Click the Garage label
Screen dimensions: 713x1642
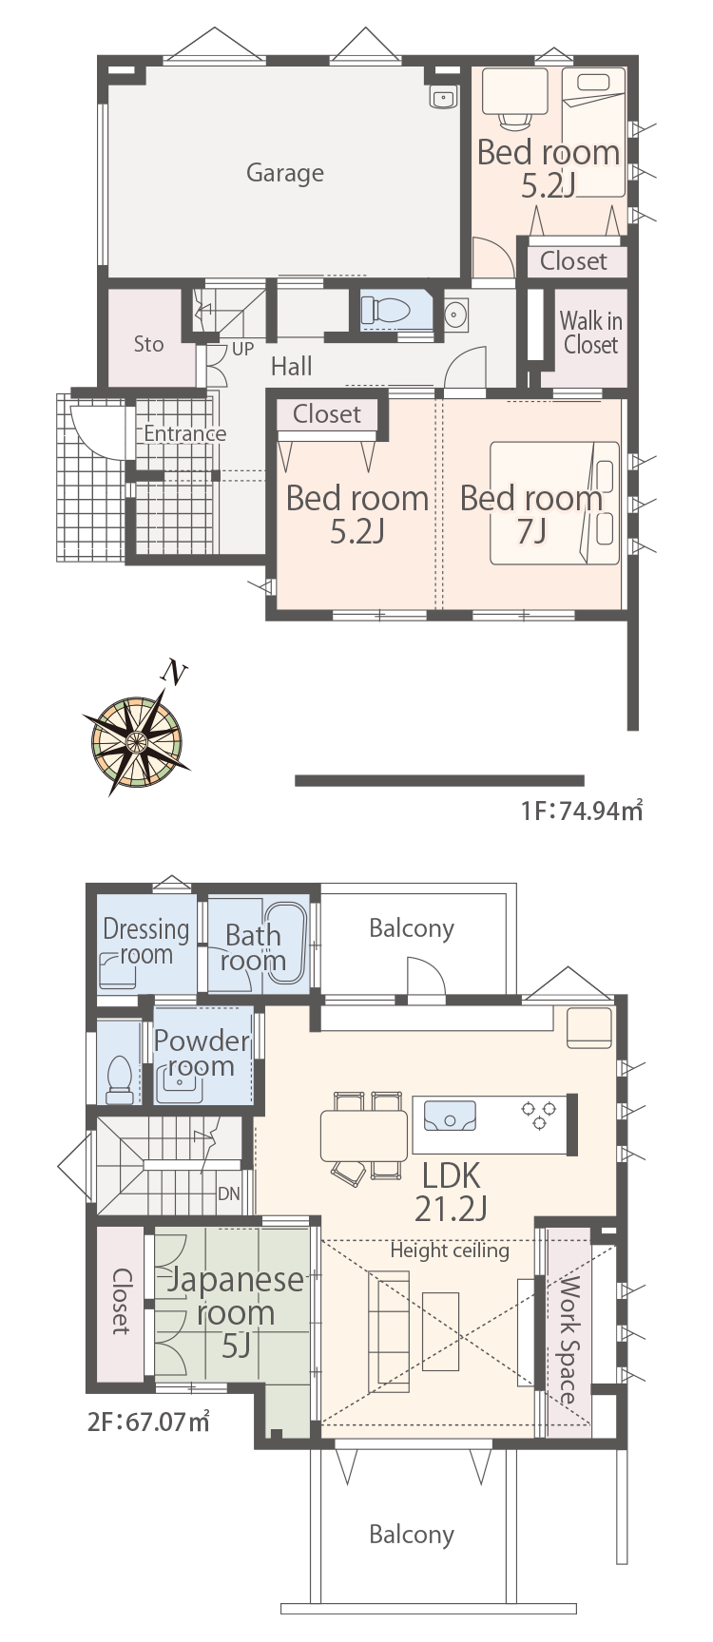point(285,173)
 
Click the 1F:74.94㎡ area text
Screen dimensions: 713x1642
point(581,811)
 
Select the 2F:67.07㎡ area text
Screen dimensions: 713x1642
point(148,1422)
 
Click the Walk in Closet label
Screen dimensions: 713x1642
point(590,333)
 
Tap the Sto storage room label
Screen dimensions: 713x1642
point(148,344)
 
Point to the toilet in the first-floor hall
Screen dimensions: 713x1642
point(385,310)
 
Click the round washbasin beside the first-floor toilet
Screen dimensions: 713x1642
point(456,313)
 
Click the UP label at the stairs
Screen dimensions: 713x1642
point(242,349)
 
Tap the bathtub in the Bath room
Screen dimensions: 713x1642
point(282,941)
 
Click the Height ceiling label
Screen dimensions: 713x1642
point(450,1251)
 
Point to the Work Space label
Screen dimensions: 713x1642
point(568,1342)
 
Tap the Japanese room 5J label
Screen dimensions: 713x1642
point(235,1312)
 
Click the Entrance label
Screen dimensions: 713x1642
point(185,433)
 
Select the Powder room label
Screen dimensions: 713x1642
point(202,1053)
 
